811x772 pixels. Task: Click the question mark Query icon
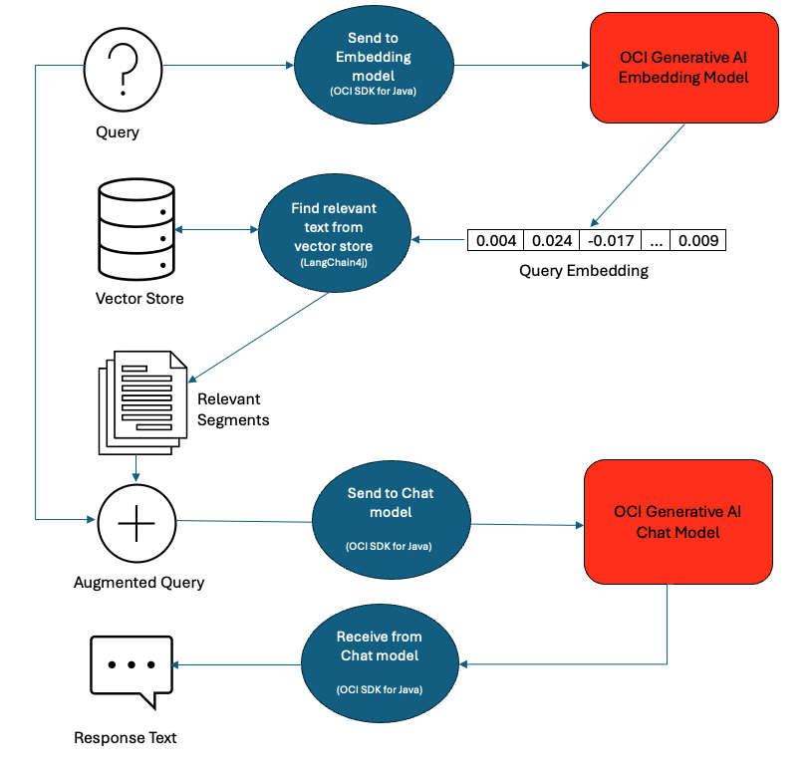pyautogui.click(x=122, y=68)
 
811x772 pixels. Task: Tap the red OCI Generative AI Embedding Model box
pyautogui.click(x=682, y=67)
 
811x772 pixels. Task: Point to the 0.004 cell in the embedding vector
pyautogui.click(x=495, y=240)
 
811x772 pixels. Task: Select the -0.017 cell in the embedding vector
pyautogui.click(x=604, y=240)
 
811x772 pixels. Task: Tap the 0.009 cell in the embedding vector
pyautogui.click(x=697, y=240)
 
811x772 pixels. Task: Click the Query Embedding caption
pyautogui.click(x=584, y=271)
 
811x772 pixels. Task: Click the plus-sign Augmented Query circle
pyautogui.click(x=136, y=523)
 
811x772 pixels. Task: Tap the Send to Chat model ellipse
pyautogui.click(x=390, y=521)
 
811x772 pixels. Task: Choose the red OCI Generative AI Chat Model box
pyautogui.click(x=677, y=522)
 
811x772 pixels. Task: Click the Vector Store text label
pyautogui.click(x=139, y=298)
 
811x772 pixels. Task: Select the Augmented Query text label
pyautogui.click(x=138, y=582)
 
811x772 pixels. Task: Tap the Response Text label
pyautogui.click(x=126, y=737)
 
